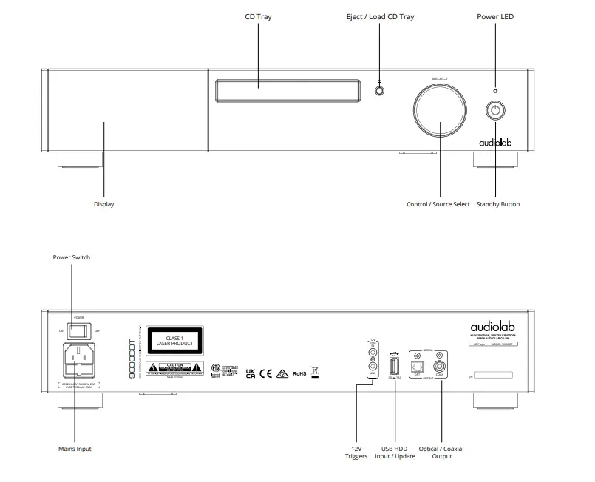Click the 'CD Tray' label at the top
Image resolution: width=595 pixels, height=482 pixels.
click(x=258, y=17)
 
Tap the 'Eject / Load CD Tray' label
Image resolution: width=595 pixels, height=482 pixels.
click(x=380, y=17)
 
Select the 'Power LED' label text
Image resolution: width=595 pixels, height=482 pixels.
click(x=495, y=17)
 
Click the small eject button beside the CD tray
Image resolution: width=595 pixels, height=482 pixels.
click(x=380, y=92)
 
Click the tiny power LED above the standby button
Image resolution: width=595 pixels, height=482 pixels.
click(x=495, y=90)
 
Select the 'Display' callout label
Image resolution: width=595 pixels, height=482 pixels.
click(x=103, y=204)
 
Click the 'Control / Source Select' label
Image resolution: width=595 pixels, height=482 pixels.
click(x=438, y=204)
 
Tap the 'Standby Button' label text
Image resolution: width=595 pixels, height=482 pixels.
click(x=497, y=204)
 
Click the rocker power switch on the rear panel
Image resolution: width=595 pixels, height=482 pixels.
click(x=74, y=330)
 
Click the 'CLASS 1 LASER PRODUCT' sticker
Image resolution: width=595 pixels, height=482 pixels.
click(x=174, y=341)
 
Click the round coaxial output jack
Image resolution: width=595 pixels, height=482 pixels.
click(x=441, y=364)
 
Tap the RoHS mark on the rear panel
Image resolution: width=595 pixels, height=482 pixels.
click(x=300, y=374)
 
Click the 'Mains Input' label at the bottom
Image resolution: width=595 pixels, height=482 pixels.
click(x=75, y=449)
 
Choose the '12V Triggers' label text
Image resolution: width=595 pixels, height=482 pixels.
click(x=356, y=452)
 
